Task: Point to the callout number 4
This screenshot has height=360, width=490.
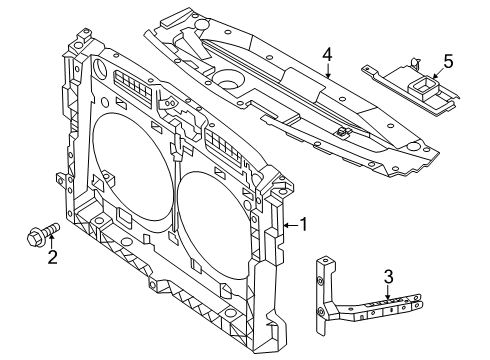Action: [327, 56]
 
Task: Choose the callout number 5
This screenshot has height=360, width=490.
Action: [447, 62]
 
